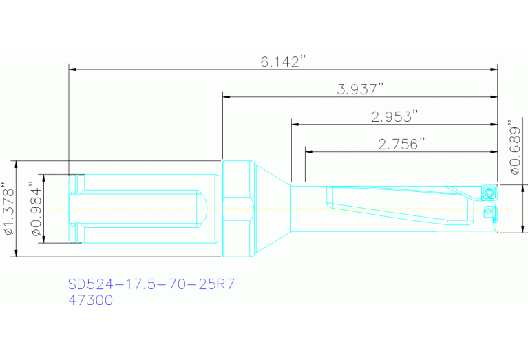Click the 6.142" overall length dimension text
pyautogui.click(x=282, y=62)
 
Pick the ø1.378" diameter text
pyautogui.click(x=8, y=209)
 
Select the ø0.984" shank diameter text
pyautogui.click(x=34, y=209)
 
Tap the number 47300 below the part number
pyautogui.click(x=90, y=300)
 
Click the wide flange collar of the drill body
pyautogui.click(x=238, y=209)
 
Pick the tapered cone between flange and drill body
pyautogui.click(x=271, y=208)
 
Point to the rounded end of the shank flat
pyautogui.click(x=205, y=208)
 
